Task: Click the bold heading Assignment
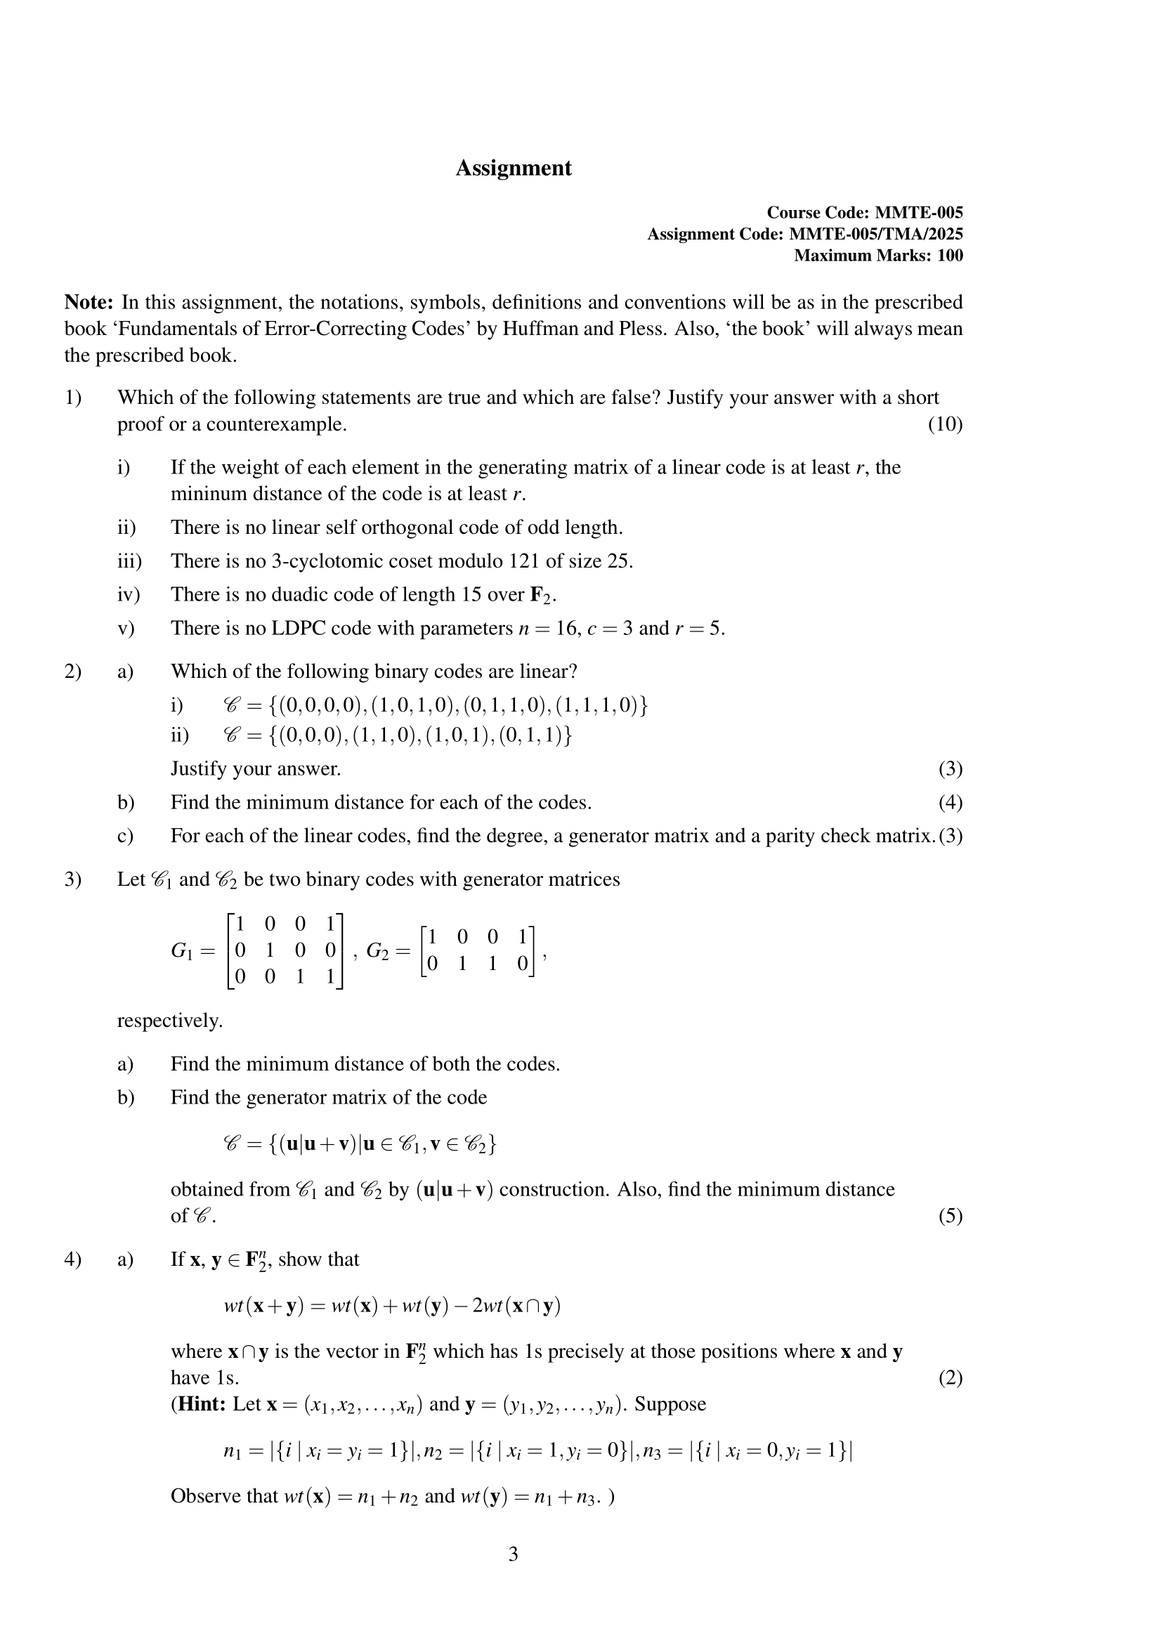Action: (x=513, y=168)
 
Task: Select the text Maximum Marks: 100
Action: (x=878, y=256)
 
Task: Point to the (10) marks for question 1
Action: (x=945, y=424)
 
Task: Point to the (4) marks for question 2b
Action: (x=951, y=802)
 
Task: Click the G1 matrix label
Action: (x=183, y=951)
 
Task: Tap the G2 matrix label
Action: (x=379, y=951)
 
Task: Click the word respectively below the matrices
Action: (x=169, y=1021)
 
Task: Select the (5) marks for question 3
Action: (x=951, y=1216)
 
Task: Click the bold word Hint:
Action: (x=201, y=1404)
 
